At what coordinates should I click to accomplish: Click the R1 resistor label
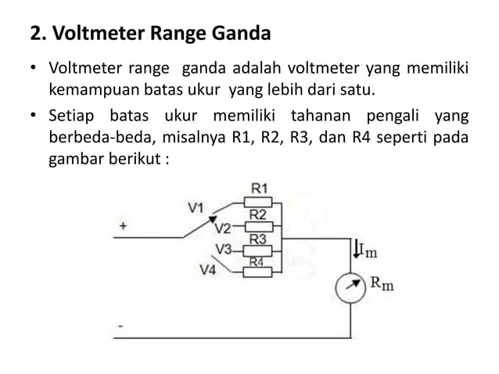259,188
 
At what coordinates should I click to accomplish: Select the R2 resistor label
259,214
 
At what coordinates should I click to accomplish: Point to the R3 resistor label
259,239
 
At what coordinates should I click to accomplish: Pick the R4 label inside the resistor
257,262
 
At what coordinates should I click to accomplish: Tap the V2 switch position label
222,228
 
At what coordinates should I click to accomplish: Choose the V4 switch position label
209,271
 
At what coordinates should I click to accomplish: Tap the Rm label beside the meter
382,282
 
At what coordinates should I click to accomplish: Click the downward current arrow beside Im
357,250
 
